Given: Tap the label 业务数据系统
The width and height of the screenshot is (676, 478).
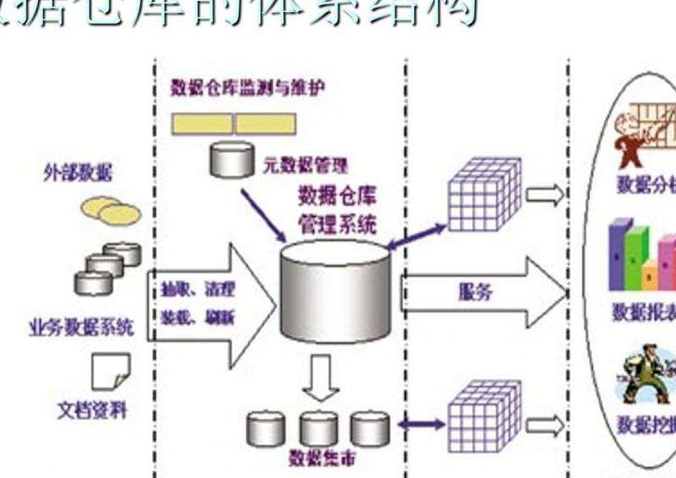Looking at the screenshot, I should point(80,328).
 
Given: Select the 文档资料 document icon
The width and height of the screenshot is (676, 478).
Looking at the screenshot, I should point(111,369).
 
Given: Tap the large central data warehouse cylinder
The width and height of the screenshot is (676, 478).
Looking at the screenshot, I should point(335,291).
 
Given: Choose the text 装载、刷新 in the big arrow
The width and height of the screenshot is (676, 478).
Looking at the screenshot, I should point(197,318).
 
